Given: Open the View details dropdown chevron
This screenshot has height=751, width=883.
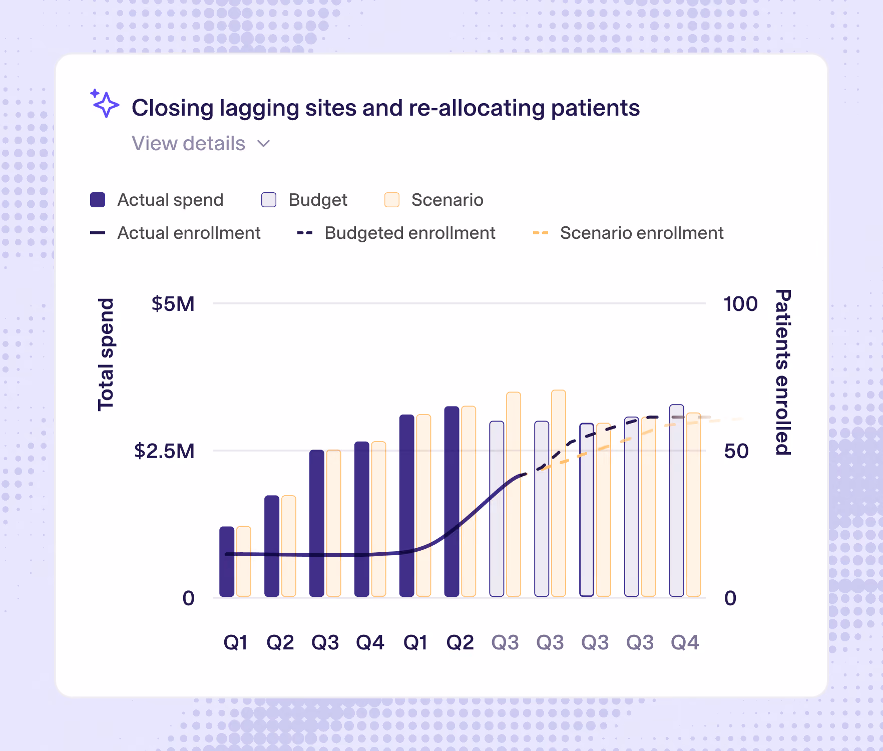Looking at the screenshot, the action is point(263,144).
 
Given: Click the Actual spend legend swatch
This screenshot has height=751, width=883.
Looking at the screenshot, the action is point(98,200).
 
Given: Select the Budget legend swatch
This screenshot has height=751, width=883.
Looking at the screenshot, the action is point(269,200).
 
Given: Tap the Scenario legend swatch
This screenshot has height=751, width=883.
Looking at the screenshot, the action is point(392,200).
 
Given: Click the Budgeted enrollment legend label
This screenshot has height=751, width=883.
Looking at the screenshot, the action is point(410,233).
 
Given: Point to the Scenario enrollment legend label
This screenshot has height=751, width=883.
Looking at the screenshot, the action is point(642,233).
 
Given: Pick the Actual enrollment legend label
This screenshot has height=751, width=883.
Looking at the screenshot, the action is point(189,233).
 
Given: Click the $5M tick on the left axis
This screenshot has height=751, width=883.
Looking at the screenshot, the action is point(173,304).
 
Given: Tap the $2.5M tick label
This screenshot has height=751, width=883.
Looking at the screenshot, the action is point(164,451).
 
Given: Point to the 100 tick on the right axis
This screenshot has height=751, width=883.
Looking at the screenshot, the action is point(741,304).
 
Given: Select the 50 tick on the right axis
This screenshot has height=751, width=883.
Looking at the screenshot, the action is point(736,451).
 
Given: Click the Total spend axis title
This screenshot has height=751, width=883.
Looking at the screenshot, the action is point(106,354).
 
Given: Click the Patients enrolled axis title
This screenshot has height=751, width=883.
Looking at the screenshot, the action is point(783,372).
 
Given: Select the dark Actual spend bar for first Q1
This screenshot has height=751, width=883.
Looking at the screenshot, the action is point(227,561).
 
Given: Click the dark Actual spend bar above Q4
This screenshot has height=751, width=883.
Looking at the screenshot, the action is point(362,519).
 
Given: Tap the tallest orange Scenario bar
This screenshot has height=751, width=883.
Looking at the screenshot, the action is point(559,493).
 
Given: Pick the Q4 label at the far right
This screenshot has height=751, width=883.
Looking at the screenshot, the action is point(685,642).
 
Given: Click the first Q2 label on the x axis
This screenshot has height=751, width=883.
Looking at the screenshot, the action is point(280,642).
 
